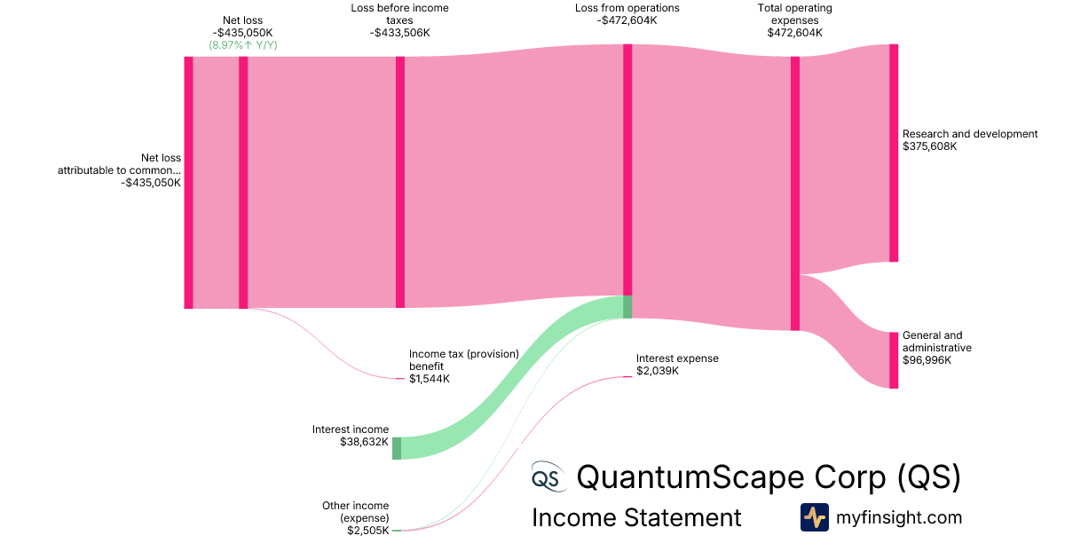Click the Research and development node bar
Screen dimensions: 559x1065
(894, 153)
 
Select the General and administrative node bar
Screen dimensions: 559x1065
(894, 360)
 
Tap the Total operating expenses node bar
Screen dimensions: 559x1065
(795, 193)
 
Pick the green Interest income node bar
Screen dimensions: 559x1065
(397, 448)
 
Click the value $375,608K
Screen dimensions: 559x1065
(929, 146)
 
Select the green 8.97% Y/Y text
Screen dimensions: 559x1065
(243, 44)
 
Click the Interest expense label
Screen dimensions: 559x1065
(677, 358)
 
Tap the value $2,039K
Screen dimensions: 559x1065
(658, 371)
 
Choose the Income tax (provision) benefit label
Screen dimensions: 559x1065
(463, 359)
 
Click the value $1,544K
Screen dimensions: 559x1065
(430, 379)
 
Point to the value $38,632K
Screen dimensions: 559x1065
(364, 442)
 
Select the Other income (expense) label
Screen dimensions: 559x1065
(356, 512)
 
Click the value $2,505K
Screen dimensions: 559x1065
(367, 531)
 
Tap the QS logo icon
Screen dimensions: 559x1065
(547, 477)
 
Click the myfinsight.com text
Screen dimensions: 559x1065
(898, 517)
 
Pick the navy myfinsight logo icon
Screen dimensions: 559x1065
(814, 517)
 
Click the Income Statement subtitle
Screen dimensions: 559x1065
(636, 517)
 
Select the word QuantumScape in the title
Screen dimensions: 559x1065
(687, 477)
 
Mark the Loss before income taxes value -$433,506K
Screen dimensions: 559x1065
(400, 33)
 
